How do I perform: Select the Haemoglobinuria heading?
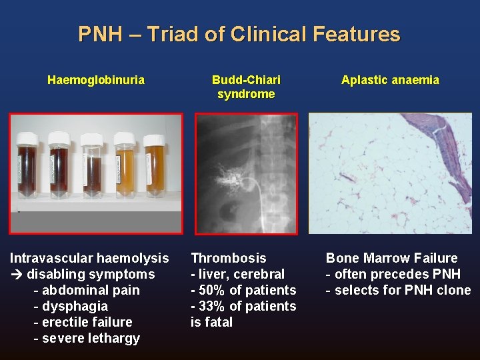coord(95,80)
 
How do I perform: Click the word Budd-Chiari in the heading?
coord(246,80)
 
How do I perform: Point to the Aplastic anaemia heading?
coord(390,80)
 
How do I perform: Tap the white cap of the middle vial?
coord(91,139)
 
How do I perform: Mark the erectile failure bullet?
coord(83,322)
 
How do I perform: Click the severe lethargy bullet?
coord(87,338)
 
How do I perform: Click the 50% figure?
coord(213,290)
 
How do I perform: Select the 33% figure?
coord(213,306)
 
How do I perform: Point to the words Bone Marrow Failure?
coord(391,258)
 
